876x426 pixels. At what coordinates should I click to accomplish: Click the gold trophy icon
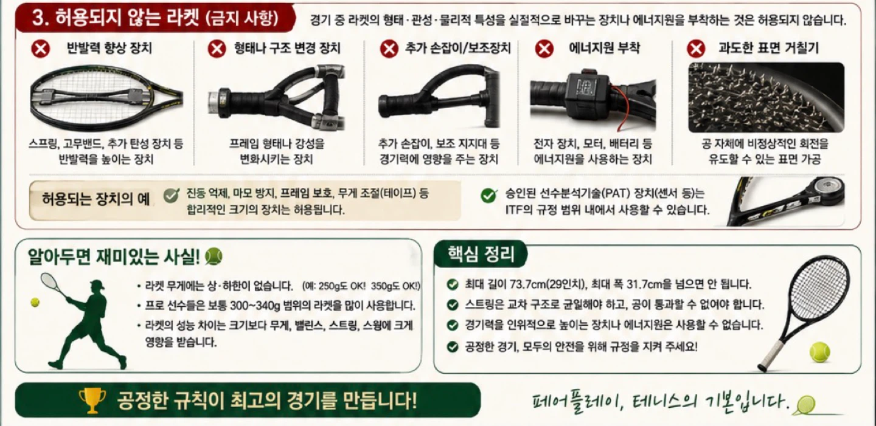pos(92,400)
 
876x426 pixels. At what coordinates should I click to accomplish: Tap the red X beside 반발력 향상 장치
pos(41,49)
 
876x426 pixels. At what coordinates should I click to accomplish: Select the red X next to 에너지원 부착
pos(544,49)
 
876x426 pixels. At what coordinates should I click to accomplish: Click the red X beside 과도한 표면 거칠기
pos(696,49)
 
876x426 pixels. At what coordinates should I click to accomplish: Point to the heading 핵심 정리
pos(481,254)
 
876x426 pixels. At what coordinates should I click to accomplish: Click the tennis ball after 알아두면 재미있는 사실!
pos(214,256)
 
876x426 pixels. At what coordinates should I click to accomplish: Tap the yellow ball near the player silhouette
pos(35,302)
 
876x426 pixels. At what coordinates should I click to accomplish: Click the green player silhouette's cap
pos(97,284)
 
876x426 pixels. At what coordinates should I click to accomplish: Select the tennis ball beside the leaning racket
pos(819,352)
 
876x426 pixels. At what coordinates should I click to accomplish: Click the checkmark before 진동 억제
pos(172,195)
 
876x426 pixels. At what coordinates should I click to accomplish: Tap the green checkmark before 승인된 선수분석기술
pos(489,195)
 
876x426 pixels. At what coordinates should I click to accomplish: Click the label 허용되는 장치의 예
pos(96,199)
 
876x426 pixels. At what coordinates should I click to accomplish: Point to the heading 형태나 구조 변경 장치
pos(287,49)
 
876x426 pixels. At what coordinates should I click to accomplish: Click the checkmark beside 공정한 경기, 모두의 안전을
pos(453,346)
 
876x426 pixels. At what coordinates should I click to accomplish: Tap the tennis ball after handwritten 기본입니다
pos(805,405)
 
